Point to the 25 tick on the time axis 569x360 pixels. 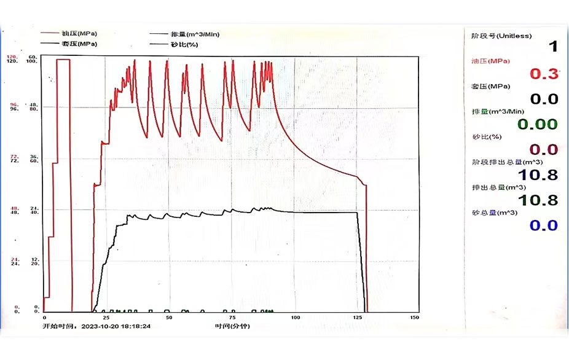pyautogui.click(x=106, y=317)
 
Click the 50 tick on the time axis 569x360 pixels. pyautogui.click(x=169, y=317)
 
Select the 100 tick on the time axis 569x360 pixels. pyautogui.click(x=295, y=317)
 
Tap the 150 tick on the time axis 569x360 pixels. pyautogui.click(x=414, y=317)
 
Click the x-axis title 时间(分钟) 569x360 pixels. pyautogui.click(x=232, y=326)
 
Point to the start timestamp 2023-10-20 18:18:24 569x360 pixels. pyautogui.click(x=116, y=326)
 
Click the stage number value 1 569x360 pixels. pyautogui.click(x=553, y=47)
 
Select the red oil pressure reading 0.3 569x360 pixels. pyautogui.click(x=544, y=74)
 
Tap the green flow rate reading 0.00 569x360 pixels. pyautogui.click(x=537, y=125)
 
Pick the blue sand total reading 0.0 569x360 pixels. pyautogui.click(x=544, y=225)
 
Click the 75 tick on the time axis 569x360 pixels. pyautogui.click(x=232, y=317)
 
